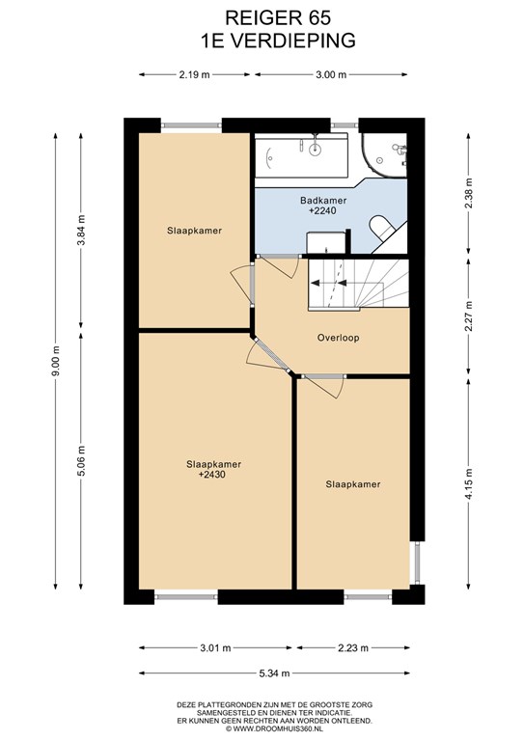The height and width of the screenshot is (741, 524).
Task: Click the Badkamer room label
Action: [x=323, y=201]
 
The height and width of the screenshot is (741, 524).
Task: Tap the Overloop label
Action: [x=338, y=338]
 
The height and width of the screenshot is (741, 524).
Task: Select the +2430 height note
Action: [x=212, y=475]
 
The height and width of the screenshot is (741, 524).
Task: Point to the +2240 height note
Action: [x=322, y=210]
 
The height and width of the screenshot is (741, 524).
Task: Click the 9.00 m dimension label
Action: [x=56, y=361]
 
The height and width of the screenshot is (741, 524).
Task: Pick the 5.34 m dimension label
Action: [x=274, y=672]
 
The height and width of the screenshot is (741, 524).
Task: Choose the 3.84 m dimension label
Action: [x=81, y=230]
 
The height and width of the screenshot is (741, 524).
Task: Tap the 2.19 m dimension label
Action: [x=195, y=74]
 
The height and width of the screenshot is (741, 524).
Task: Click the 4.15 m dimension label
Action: [x=468, y=484]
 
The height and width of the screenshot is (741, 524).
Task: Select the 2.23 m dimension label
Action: [x=352, y=648]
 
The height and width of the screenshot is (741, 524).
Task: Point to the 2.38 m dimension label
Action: [x=468, y=194]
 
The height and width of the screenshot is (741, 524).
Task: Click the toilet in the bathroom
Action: [x=382, y=228]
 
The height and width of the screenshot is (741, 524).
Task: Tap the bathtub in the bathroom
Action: [x=301, y=155]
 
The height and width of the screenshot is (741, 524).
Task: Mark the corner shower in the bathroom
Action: [x=384, y=155]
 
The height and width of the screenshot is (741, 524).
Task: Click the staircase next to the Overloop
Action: [x=358, y=285]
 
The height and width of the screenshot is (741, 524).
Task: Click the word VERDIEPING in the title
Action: [x=294, y=41]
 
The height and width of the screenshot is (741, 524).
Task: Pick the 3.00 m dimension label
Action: [x=331, y=74]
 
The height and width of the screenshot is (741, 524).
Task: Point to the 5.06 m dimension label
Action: [x=81, y=461]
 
